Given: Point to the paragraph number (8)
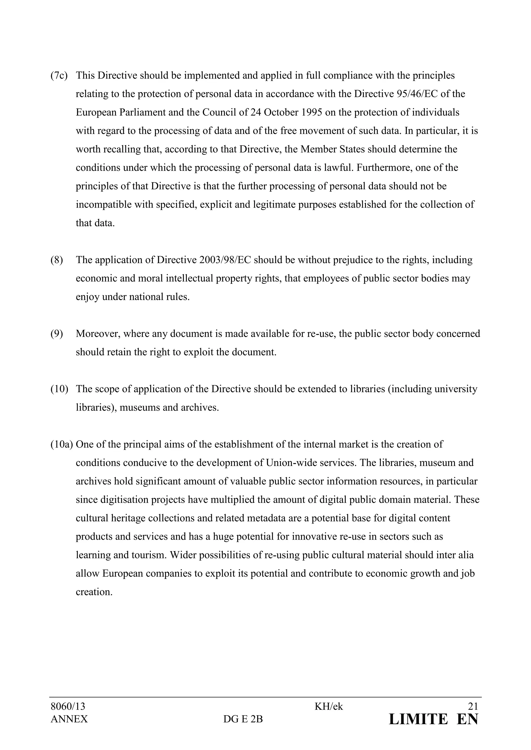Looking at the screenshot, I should click(x=57, y=260).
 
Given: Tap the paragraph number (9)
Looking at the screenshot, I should click(x=57, y=334).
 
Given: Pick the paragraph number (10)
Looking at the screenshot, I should click(x=59, y=389).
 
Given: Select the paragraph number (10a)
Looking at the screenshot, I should click(x=61, y=444).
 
